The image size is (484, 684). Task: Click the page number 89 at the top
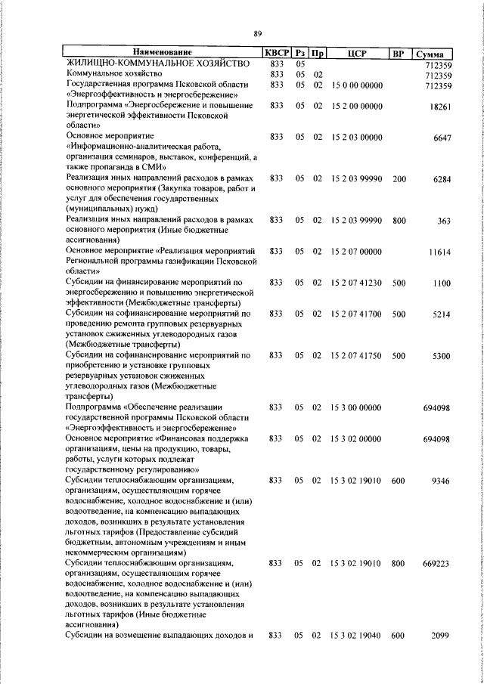point(257,33)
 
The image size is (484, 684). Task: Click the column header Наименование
point(163,53)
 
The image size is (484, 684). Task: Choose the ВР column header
point(399,53)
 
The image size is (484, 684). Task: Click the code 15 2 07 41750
point(357,355)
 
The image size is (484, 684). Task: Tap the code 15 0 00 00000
point(357,85)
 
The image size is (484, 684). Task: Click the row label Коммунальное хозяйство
point(114,75)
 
